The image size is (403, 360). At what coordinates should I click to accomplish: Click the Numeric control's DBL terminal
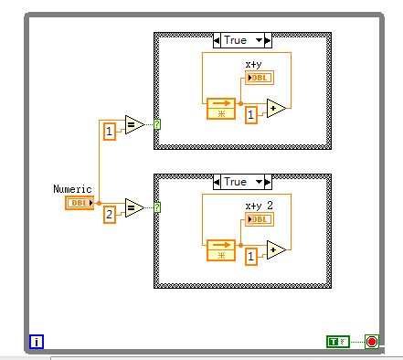[x=80, y=202]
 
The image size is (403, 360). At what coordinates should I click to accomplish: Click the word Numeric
[x=73, y=188]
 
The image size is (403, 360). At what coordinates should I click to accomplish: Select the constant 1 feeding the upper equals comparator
[x=109, y=132]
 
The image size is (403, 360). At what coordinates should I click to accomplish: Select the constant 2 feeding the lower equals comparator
[x=109, y=215]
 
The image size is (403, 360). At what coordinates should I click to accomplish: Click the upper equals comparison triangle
[x=133, y=125]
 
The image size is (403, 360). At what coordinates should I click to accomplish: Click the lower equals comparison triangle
[x=133, y=208]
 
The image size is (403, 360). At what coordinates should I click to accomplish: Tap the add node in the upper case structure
[x=276, y=109]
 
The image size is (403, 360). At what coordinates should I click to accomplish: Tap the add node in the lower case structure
[x=276, y=249]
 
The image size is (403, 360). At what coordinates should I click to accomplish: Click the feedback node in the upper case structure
[x=221, y=109]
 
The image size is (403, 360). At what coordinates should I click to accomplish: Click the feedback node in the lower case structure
[x=221, y=249]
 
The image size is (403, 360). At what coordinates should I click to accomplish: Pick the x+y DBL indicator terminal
[x=259, y=78]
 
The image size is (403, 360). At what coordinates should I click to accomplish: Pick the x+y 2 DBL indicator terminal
[x=259, y=218]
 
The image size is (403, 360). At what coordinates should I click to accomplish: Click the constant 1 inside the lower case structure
[x=249, y=259]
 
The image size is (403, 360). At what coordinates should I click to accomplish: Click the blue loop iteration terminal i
[x=37, y=342]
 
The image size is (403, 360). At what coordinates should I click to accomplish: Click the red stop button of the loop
[x=372, y=342]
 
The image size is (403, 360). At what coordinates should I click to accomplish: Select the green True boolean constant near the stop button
[x=337, y=342]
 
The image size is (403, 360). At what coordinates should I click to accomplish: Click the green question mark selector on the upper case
[x=157, y=124]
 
